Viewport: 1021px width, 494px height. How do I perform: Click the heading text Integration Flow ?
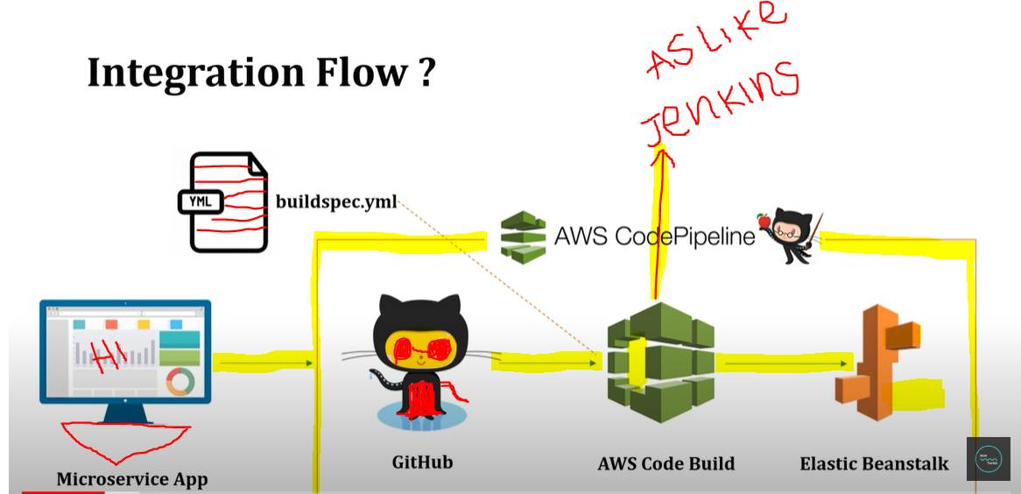pos(261,74)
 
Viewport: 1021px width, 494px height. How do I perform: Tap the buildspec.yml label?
pos(336,202)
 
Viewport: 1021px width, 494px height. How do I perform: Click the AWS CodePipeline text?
pos(654,236)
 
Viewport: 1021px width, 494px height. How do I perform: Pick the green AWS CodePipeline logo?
pos(523,235)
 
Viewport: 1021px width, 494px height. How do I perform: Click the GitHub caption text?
pos(422,461)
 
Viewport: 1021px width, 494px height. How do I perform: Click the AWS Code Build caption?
pos(665,463)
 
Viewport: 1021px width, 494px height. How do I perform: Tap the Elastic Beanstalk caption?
pos(873,463)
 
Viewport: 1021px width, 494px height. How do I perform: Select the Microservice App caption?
pos(132,479)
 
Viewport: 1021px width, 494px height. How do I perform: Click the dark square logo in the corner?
pos(988,459)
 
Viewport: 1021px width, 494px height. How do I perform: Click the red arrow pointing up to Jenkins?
pos(659,228)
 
